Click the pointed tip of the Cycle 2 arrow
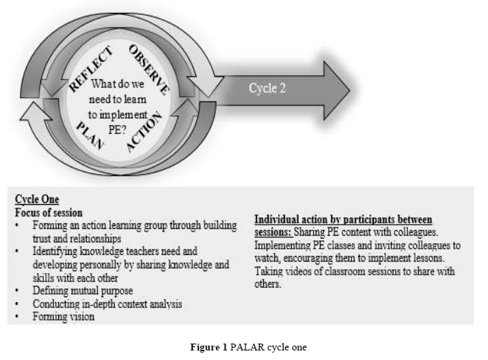tap(349, 89)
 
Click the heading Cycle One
tap(37, 199)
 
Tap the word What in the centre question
tap(105, 84)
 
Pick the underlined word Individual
tap(280, 219)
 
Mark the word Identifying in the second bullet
tap(56, 251)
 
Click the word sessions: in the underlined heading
tap(276, 232)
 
